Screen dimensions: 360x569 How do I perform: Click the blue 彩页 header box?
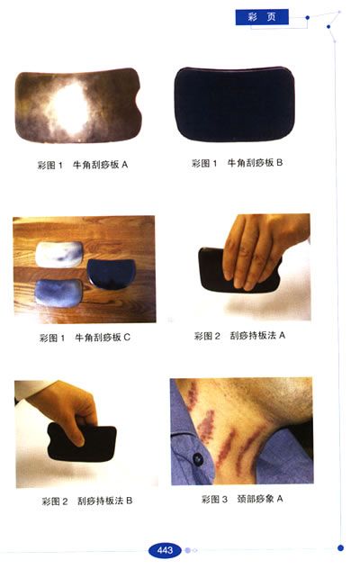[x=262, y=17]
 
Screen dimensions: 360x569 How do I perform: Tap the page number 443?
[x=165, y=550]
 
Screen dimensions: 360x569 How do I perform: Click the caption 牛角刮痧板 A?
[x=100, y=165]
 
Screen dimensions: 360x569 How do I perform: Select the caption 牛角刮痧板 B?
[x=255, y=163]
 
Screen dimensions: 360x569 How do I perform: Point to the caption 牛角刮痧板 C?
[x=103, y=338]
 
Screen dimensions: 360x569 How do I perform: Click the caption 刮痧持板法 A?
[x=257, y=336]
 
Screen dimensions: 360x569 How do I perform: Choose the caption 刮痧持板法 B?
[x=105, y=501]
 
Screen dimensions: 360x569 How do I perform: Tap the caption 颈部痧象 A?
[x=260, y=499]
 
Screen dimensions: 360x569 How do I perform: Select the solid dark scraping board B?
[x=234, y=104]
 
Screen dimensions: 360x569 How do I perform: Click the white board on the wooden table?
[x=59, y=255]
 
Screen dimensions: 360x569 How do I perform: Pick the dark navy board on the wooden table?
[x=111, y=274]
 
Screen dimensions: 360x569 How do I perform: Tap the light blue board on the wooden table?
[x=58, y=294]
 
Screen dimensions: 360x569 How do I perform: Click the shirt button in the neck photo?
[x=198, y=459]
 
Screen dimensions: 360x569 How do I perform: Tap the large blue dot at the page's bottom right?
[x=340, y=548]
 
